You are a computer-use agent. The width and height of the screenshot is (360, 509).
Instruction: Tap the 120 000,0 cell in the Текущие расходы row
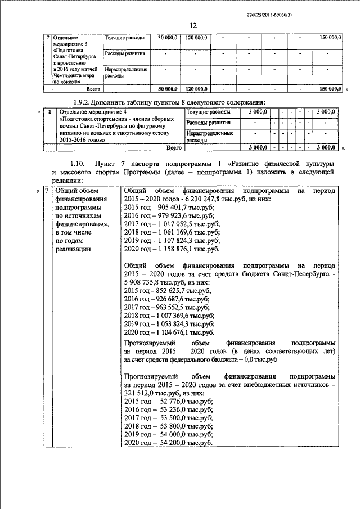tap(197, 37)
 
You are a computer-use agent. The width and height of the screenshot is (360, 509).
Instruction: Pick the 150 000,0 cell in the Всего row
tap(330, 89)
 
